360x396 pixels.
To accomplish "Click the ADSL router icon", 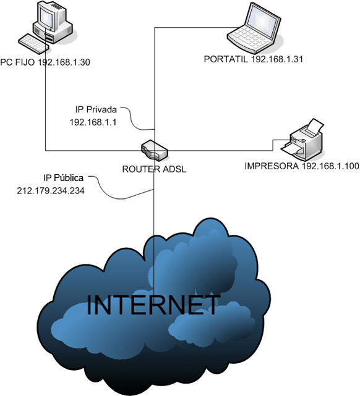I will click(153, 149).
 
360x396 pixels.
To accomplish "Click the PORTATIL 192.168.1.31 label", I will click(252, 60).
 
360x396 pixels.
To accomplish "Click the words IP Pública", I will click(59, 179).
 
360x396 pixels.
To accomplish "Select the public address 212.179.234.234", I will click(51, 191).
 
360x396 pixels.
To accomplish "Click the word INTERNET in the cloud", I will click(153, 305).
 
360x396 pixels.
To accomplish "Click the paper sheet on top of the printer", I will click(315, 126).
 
